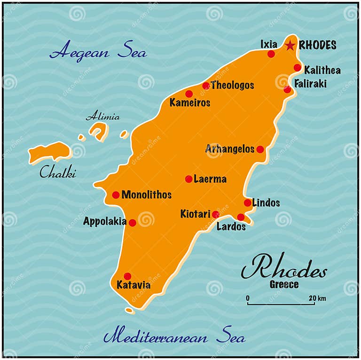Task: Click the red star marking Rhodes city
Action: pyautogui.click(x=290, y=46)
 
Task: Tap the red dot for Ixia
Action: pyautogui.click(x=271, y=54)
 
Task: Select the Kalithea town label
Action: pyautogui.click(x=322, y=71)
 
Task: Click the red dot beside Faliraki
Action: pyautogui.click(x=287, y=89)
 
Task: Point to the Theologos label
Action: pyautogui.click(x=232, y=85)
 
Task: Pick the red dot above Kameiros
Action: pyautogui.click(x=189, y=94)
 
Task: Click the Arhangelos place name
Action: pyautogui.click(x=229, y=149)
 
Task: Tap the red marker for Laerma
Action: pyautogui.click(x=188, y=179)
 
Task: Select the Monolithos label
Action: pyautogui.click(x=146, y=194)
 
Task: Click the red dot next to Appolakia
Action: pyautogui.click(x=133, y=223)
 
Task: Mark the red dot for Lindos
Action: pyautogui.click(x=248, y=203)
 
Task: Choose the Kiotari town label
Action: pyautogui.click(x=195, y=214)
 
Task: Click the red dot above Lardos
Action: pyautogui.click(x=241, y=217)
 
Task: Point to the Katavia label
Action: pyautogui.click(x=133, y=285)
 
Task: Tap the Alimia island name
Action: pyautogui.click(x=102, y=117)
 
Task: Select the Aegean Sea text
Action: pyautogui.click(x=98, y=52)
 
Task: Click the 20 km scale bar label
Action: pyautogui.click(x=317, y=298)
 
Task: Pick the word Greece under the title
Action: pyautogui.click(x=284, y=285)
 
